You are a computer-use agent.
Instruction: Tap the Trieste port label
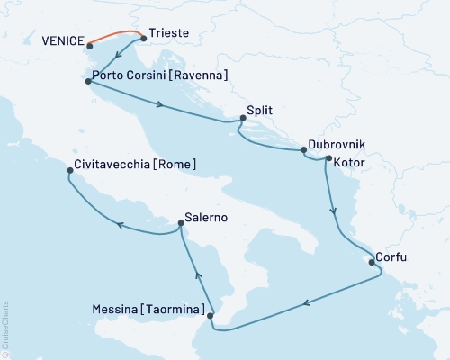coord(169,32)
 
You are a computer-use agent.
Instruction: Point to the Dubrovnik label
coord(336,144)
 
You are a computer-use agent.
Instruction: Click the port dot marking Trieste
coord(144,39)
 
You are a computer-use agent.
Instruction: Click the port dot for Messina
coord(211,316)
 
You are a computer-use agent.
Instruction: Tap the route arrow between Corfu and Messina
coord(309,303)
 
